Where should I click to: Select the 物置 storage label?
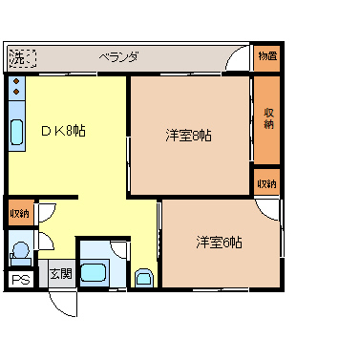[266, 56]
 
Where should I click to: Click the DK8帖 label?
[63, 131]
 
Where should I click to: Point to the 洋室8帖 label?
[189, 135]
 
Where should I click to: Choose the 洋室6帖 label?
[220, 242]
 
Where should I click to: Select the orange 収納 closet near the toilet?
[18, 212]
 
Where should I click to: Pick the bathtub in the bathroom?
[94, 272]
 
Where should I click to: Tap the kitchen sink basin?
[16, 134]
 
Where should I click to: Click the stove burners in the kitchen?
[16, 92]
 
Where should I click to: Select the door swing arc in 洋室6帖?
[270, 214]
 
